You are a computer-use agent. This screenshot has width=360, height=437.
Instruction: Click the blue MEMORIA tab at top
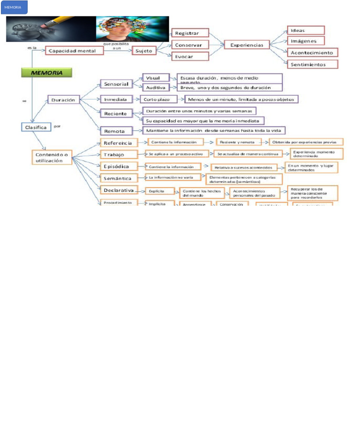coord(14,7)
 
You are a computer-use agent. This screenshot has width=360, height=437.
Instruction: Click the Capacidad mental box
coord(75,51)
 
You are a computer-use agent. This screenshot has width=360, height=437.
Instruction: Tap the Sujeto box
coord(143,51)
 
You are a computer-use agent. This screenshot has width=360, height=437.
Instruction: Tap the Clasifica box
coord(37,127)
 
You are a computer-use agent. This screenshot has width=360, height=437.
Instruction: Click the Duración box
coord(64,99)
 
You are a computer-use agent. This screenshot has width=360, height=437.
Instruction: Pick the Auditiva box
coord(156,87)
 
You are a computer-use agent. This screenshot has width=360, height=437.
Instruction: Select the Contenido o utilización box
coord(52,157)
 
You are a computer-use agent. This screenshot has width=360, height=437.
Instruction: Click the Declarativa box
coord(119,190)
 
